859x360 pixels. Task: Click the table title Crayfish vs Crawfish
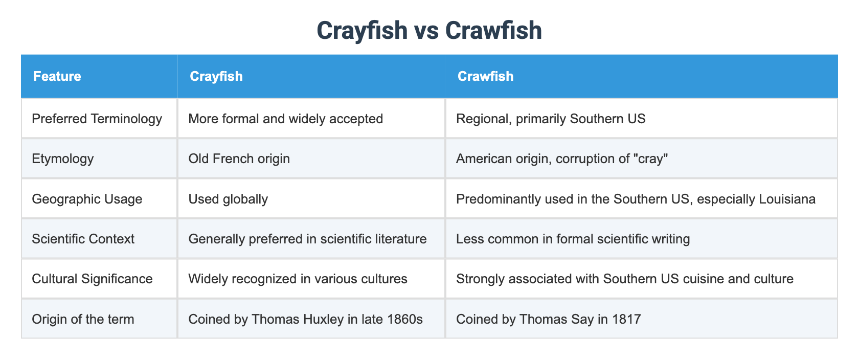point(429,31)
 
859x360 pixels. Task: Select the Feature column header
point(57,77)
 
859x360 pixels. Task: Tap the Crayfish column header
point(216,77)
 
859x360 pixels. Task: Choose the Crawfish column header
point(485,77)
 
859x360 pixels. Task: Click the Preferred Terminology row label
point(97,119)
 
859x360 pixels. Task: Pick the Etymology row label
point(62,159)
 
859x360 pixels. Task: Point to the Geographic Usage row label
point(87,199)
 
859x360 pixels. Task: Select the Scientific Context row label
point(83,239)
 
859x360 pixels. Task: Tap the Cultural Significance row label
point(92,279)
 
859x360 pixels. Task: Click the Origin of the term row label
point(82,319)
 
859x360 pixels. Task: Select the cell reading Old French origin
point(239,159)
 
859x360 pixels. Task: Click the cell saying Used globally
point(228,199)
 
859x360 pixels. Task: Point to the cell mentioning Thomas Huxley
point(305,319)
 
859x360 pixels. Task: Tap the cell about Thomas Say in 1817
point(548,319)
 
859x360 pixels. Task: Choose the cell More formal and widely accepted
point(285,119)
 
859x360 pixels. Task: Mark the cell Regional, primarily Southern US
point(551,119)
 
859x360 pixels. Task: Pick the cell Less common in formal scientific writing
point(573,239)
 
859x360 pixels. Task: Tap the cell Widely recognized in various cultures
point(298,279)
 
